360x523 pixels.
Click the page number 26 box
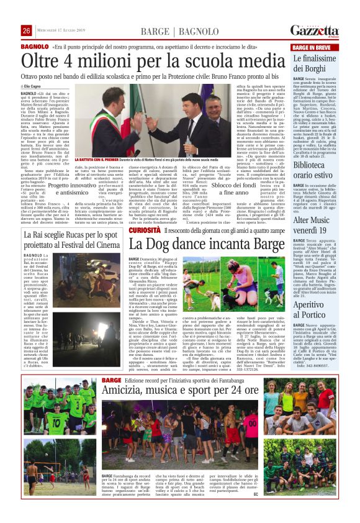(26, 31)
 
